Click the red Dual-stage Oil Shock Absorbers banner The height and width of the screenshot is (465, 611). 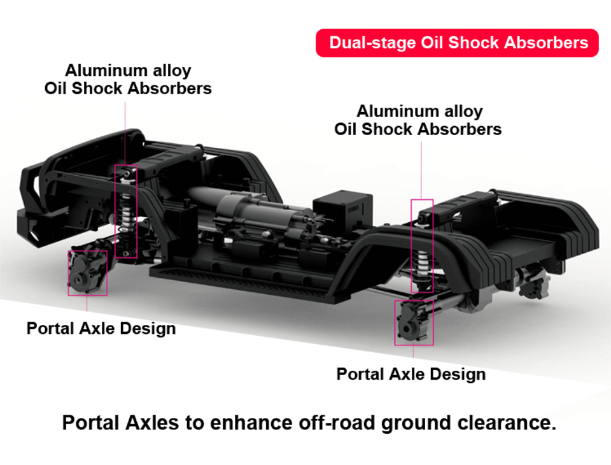[457, 43]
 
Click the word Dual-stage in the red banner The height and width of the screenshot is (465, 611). [372, 43]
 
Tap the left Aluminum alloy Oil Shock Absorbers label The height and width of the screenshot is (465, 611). [128, 79]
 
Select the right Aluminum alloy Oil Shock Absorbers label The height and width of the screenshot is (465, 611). [418, 120]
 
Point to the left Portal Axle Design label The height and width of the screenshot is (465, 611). [101, 329]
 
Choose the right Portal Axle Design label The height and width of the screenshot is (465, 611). [411, 374]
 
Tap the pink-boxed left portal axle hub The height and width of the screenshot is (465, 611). [87, 272]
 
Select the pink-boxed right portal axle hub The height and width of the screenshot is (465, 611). [414, 322]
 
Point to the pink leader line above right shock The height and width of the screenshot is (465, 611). [421, 170]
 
